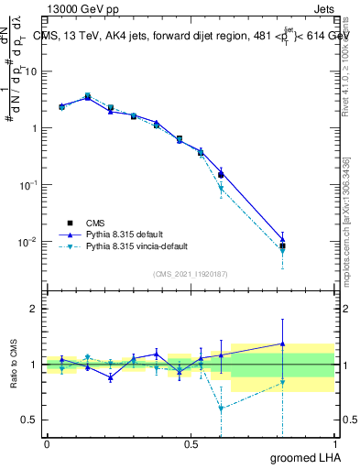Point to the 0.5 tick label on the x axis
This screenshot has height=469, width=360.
[193, 444]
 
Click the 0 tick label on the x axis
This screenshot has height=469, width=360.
[47, 444]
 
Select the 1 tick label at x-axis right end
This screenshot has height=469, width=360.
[340, 444]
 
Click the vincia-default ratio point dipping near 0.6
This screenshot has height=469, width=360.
[221, 409]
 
